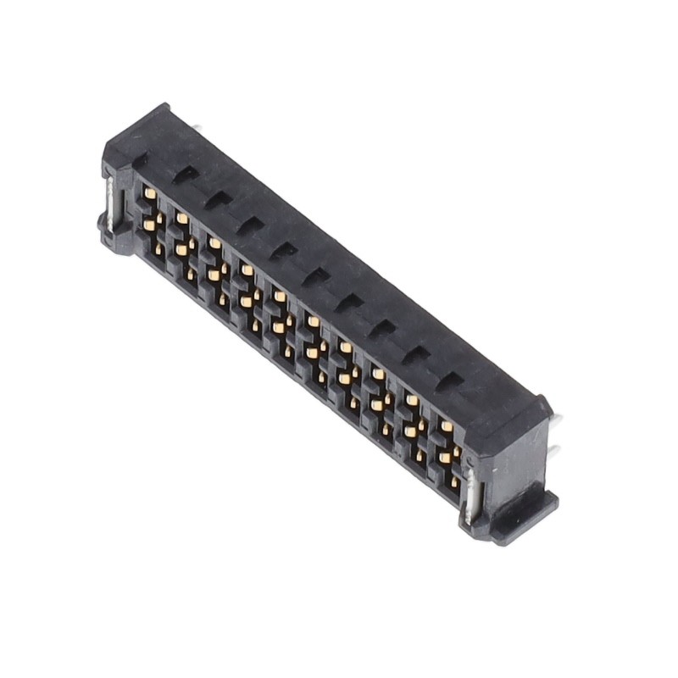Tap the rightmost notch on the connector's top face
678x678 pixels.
447,381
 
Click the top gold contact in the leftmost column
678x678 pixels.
149,193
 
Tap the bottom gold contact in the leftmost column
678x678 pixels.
158,247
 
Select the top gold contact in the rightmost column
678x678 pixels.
446,426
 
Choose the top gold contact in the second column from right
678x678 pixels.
412,401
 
